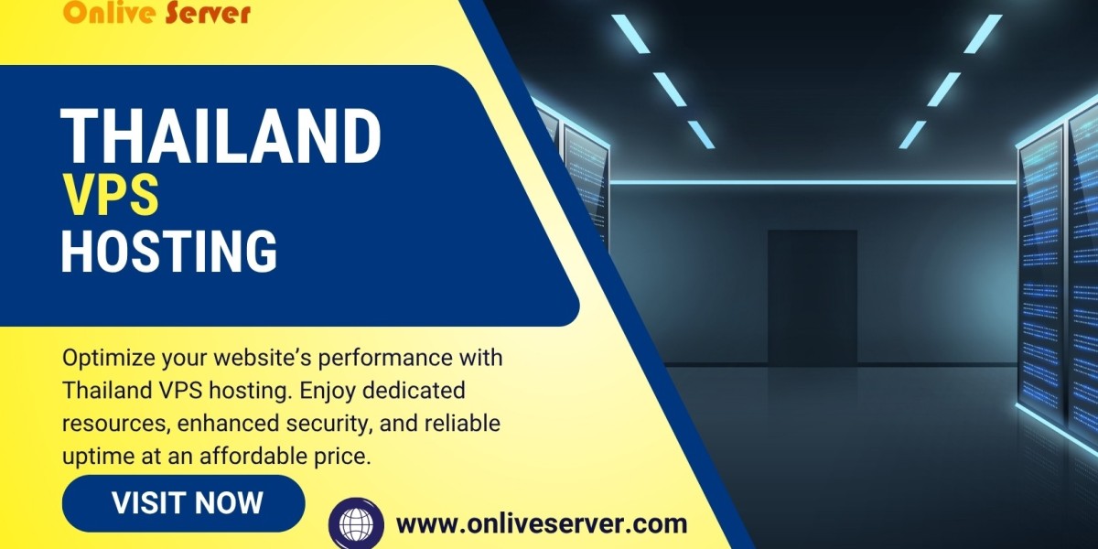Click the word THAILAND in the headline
pos(221,136)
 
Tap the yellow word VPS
pos(110,195)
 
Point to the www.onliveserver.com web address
pos(541,524)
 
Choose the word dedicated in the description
pos(407,391)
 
